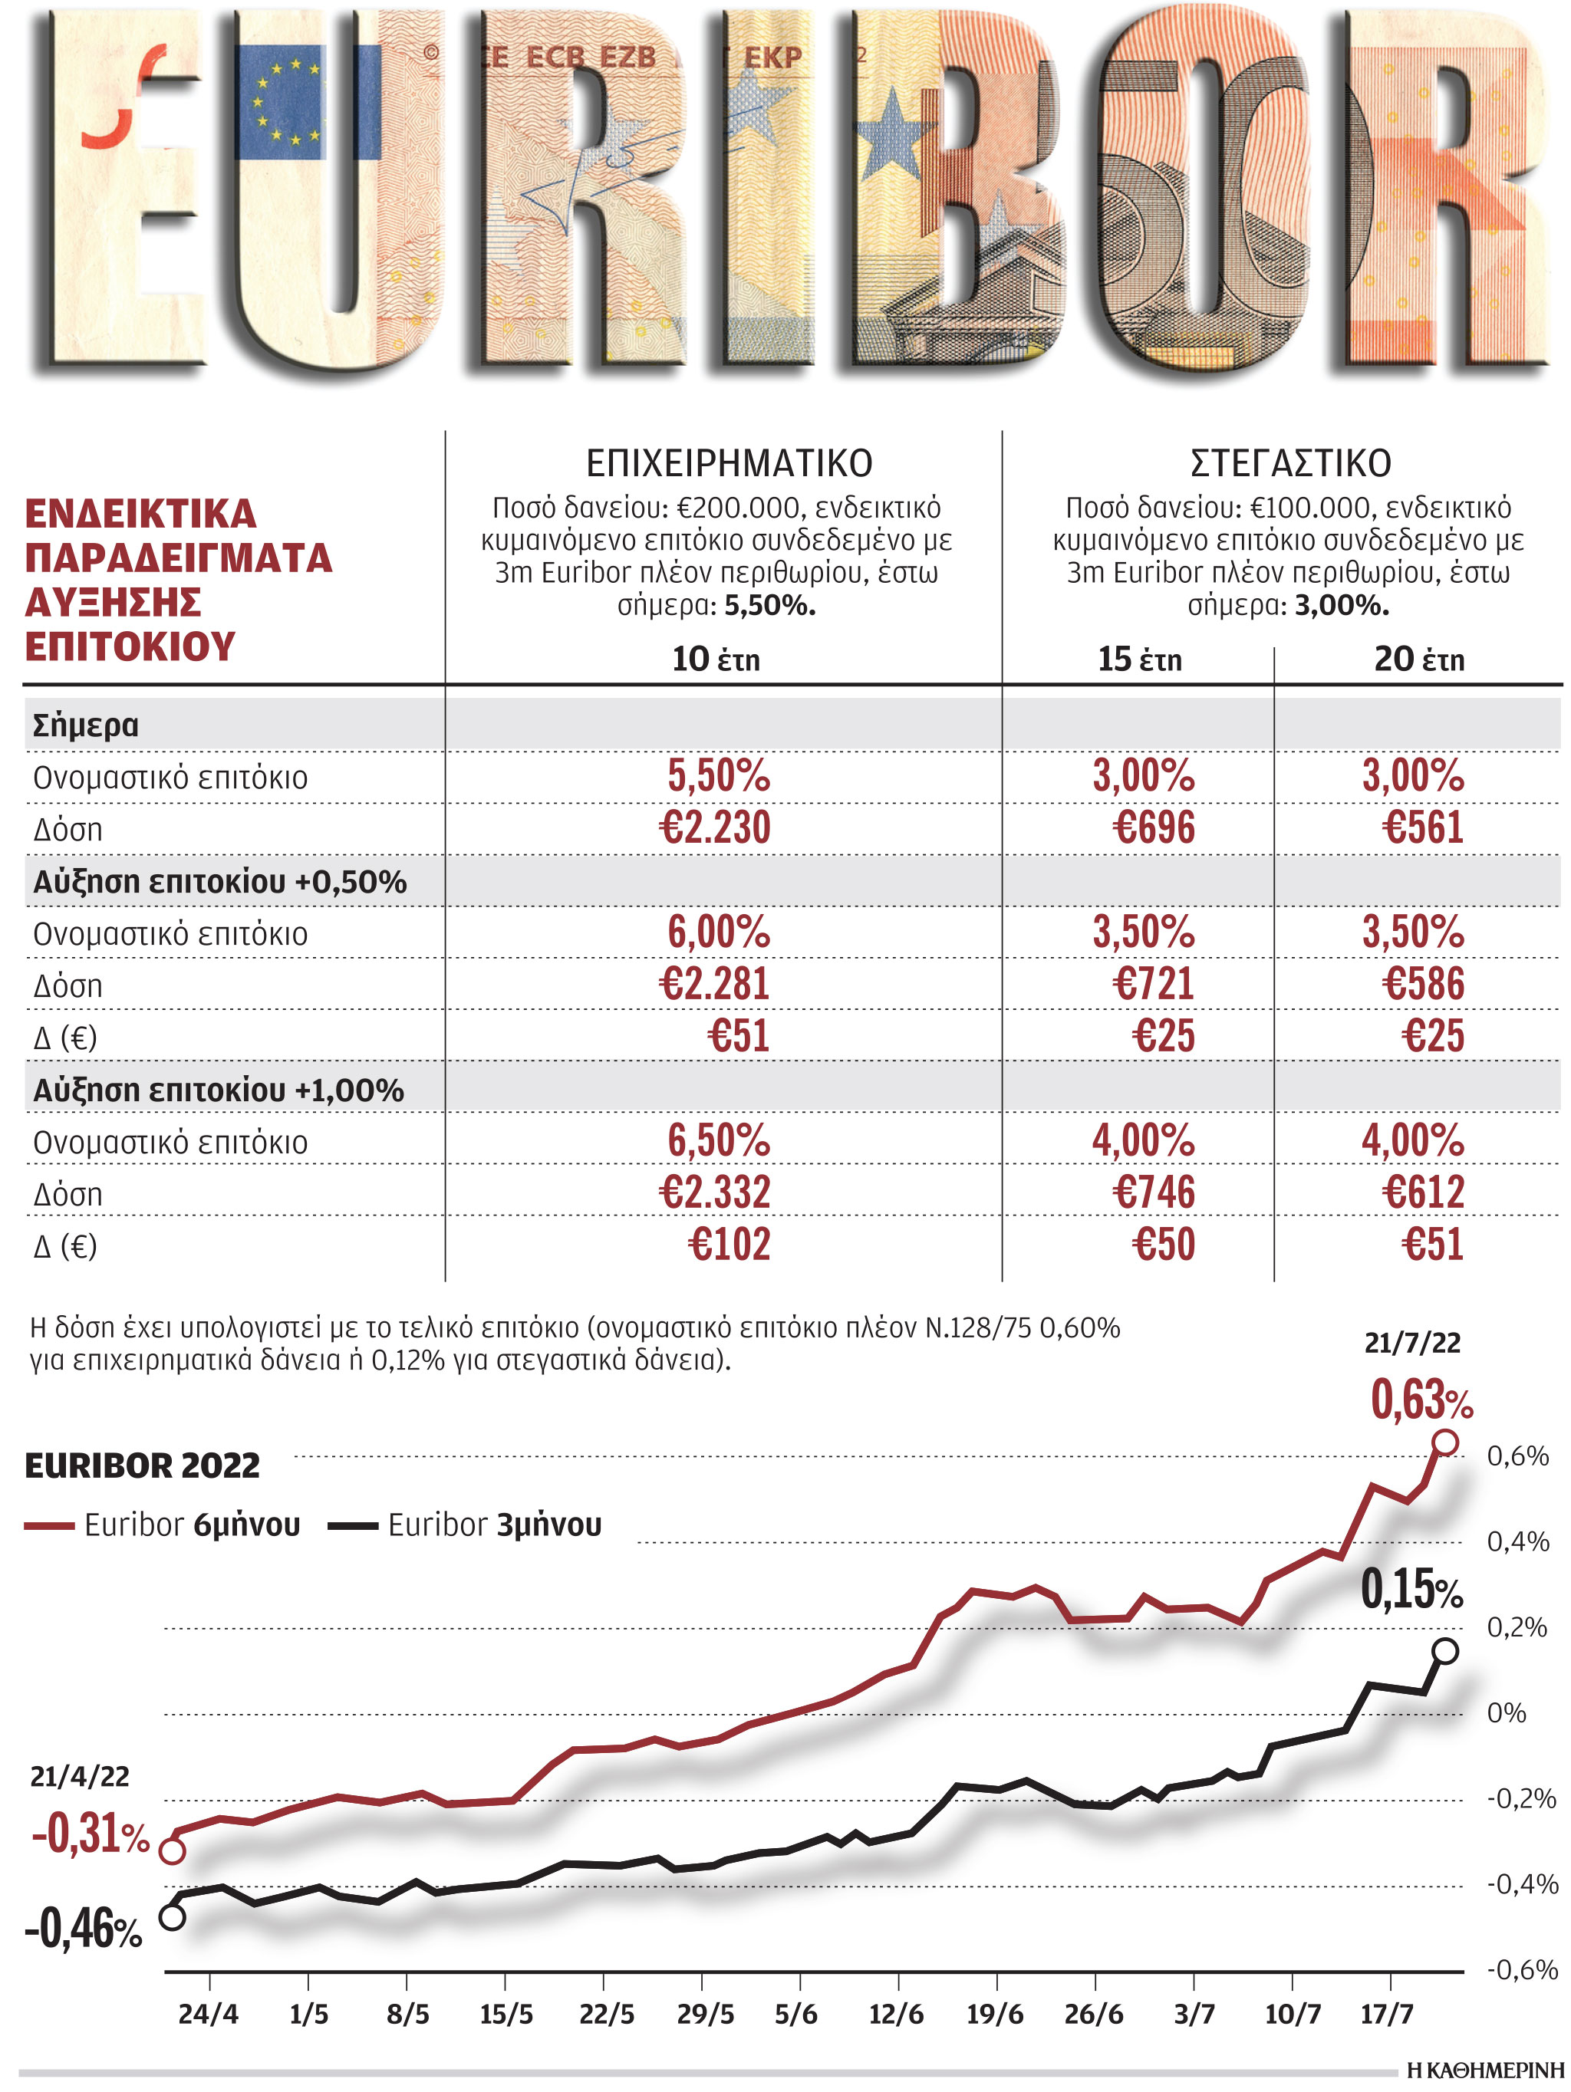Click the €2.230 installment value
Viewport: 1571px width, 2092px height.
(x=714, y=827)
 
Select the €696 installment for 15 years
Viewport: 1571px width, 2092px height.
(x=1153, y=827)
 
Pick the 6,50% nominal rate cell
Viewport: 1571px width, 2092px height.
(x=718, y=1140)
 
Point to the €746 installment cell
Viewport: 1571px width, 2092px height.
(x=1153, y=1192)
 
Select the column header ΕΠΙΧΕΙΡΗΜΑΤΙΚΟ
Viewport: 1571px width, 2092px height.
(x=728, y=463)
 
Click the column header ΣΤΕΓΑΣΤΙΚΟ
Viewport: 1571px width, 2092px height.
(x=1290, y=463)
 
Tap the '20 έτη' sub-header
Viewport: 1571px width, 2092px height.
(x=1418, y=660)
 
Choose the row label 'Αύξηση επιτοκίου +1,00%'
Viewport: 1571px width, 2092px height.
(x=219, y=1090)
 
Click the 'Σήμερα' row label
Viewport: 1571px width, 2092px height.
(x=85, y=725)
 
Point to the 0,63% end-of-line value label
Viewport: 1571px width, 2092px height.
(x=1421, y=1400)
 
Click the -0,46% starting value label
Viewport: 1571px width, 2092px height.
(x=84, y=1929)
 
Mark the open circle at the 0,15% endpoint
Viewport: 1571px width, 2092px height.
(x=1444, y=1651)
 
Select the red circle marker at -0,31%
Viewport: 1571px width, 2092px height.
(x=172, y=1851)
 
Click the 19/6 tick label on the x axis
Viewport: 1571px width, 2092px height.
(x=994, y=2015)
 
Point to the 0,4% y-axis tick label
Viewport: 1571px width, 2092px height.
(x=1517, y=1542)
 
